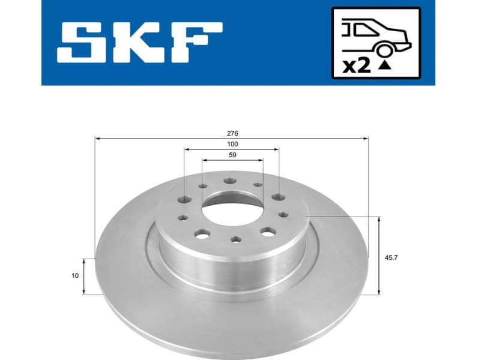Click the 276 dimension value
click(x=232, y=133)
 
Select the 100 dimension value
click(x=232, y=144)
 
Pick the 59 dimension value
click(x=232, y=155)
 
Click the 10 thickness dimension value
click(x=74, y=276)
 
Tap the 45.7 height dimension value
click(x=392, y=257)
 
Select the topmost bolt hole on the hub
click(x=231, y=181)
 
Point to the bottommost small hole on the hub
click(x=234, y=240)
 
